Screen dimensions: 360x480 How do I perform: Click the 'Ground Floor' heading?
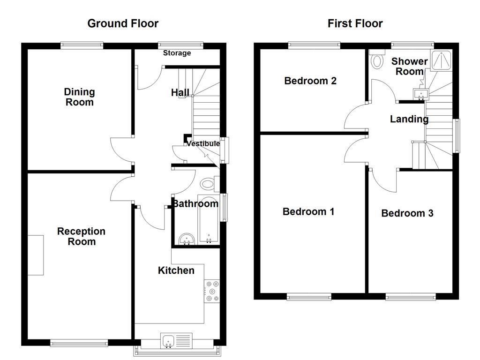tap(123, 23)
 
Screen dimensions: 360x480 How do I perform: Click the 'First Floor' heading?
tap(355, 23)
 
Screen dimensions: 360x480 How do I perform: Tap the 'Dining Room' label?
tap(79, 97)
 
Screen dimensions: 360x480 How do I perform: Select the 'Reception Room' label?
tap(81, 236)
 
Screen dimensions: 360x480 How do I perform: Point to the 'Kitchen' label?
tap(176, 270)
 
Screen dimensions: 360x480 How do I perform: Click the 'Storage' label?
tap(177, 53)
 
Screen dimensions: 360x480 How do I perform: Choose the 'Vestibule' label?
tap(203, 144)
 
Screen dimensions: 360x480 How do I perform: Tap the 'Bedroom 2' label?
tap(310, 81)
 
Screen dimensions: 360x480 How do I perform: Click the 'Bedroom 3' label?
tap(407, 213)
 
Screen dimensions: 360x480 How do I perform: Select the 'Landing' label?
tap(409, 119)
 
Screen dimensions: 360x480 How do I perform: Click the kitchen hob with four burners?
tap(212, 291)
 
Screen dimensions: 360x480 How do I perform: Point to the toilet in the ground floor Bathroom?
tap(208, 183)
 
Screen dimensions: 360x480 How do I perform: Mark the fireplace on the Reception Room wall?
tap(36, 255)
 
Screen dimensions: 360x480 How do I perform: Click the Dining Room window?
tap(82, 45)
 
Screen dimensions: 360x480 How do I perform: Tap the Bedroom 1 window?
tap(309, 297)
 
